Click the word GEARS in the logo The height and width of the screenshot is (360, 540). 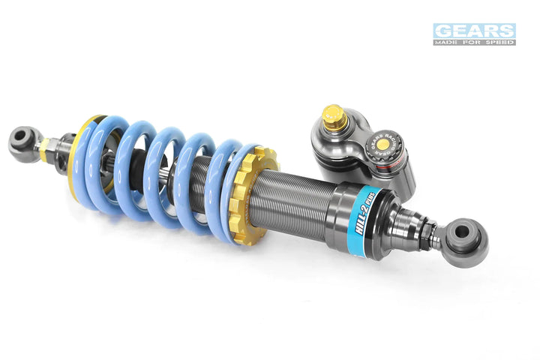pos(474,31)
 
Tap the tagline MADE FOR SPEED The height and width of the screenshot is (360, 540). pos(474,42)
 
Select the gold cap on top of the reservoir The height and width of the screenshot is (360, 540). pos(333,116)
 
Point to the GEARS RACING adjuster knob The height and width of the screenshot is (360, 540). pos(382,142)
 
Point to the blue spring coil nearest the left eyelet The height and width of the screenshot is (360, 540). pos(97,161)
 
